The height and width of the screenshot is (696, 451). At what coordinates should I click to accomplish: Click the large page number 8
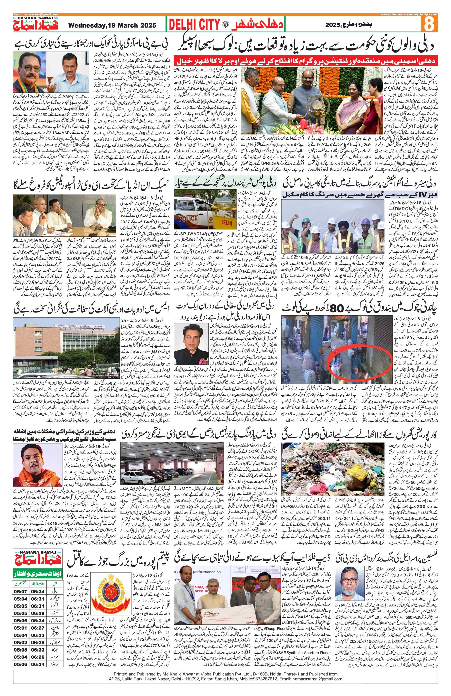pos(429,24)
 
